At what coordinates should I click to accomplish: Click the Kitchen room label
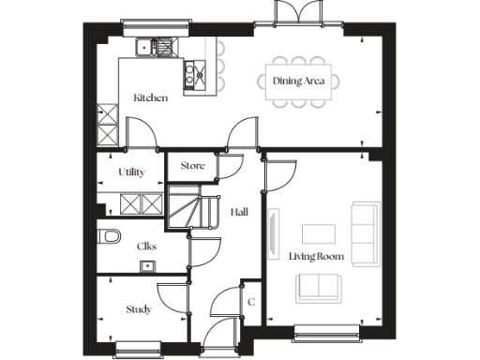coord(150,98)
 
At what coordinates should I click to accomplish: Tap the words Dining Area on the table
coord(299,82)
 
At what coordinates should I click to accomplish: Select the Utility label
coord(131,172)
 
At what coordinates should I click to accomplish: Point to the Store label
coord(192,166)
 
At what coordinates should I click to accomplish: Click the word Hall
coord(240,213)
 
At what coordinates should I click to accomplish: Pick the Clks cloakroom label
coord(146,246)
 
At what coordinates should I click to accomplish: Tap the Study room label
coord(139,309)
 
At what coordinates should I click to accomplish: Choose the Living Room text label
coord(316,256)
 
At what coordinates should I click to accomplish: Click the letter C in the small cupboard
coord(250,302)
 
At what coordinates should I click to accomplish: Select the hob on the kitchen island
coord(196,69)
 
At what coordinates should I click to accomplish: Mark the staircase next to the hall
coord(186,208)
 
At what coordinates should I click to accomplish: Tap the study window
coord(142,349)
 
